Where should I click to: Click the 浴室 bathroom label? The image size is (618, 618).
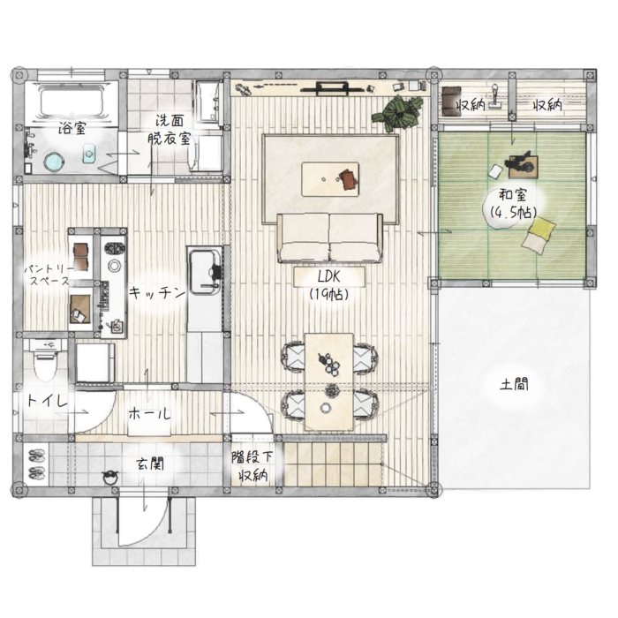tap(72, 128)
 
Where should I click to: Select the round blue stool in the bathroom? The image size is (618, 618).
tap(54, 162)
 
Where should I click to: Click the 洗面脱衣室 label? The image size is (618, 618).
tap(170, 129)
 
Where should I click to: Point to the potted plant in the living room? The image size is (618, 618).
tap(398, 113)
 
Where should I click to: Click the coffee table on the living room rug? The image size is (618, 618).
tap(330, 179)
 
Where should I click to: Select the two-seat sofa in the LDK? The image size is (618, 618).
tap(330, 237)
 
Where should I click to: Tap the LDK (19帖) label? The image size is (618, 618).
tap(329, 285)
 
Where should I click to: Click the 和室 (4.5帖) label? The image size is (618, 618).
tap(513, 204)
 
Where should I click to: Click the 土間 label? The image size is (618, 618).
tap(514, 384)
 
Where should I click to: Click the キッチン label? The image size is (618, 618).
tap(157, 292)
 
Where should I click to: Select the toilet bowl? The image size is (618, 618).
tap(45, 365)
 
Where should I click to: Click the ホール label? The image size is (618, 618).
tap(149, 414)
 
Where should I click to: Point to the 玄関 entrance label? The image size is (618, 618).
tap(150, 463)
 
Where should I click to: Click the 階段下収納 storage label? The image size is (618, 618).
tap(252, 466)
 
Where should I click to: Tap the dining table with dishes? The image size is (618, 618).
tap(329, 381)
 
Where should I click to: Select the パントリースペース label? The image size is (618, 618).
tap(49, 275)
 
